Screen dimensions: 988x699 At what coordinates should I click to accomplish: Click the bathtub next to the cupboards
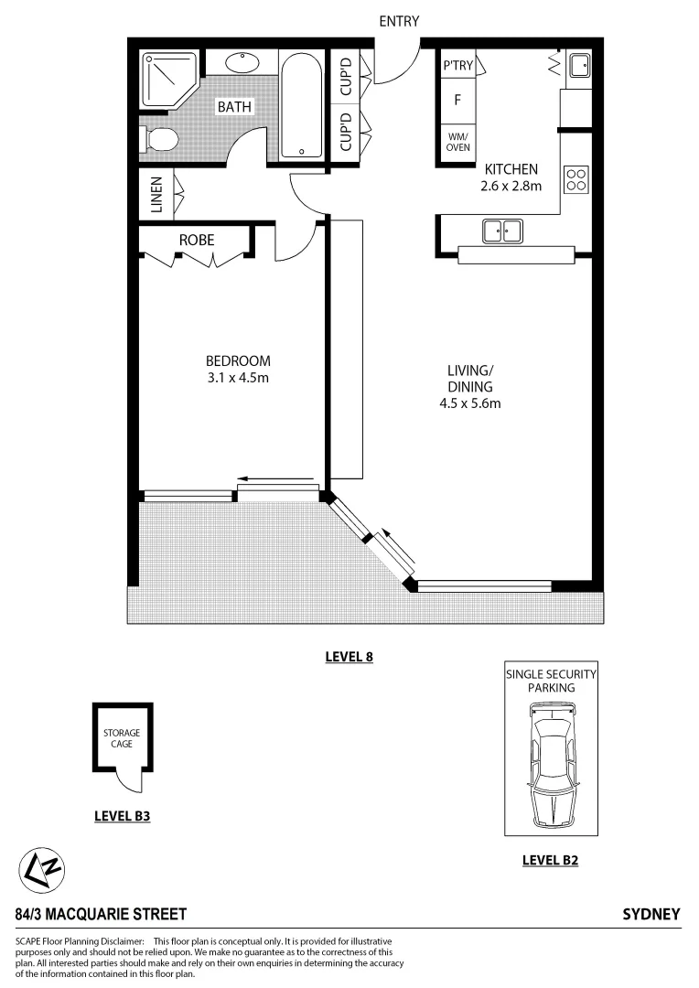(x=301, y=107)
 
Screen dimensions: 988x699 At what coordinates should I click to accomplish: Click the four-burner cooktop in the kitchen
(x=575, y=178)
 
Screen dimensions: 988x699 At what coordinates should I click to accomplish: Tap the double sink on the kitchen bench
(x=502, y=231)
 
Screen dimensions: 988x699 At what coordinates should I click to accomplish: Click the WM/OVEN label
(x=457, y=142)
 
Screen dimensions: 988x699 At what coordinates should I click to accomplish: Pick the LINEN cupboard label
(x=156, y=194)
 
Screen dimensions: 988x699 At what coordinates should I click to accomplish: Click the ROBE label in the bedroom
(x=196, y=240)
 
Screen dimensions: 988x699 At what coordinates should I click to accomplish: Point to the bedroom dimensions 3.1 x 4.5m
(x=237, y=377)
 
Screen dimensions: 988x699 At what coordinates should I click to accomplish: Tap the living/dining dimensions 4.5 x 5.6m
(x=470, y=403)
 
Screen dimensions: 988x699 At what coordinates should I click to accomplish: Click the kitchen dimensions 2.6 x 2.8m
(x=511, y=186)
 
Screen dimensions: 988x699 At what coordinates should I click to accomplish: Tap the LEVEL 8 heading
(x=349, y=656)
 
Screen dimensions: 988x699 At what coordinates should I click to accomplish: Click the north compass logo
(x=42, y=871)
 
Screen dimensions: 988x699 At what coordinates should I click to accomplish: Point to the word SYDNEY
(x=651, y=914)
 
